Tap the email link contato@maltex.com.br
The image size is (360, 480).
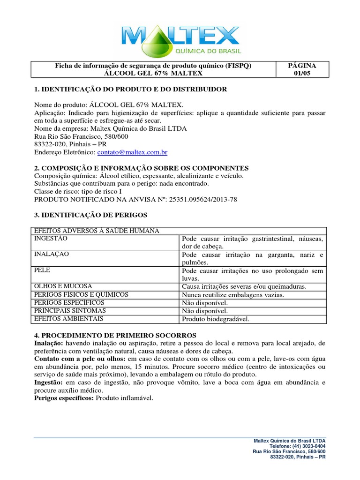click(132, 152)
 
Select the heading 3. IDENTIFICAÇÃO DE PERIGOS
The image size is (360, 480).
click(91, 215)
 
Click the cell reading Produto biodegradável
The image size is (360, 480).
click(216, 319)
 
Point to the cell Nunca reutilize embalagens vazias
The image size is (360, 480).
click(233, 295)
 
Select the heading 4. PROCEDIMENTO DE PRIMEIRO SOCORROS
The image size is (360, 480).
click(112, 335)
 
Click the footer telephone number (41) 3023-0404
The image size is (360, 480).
click(309, 446)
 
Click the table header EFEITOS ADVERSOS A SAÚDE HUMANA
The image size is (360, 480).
click(97, 231)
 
